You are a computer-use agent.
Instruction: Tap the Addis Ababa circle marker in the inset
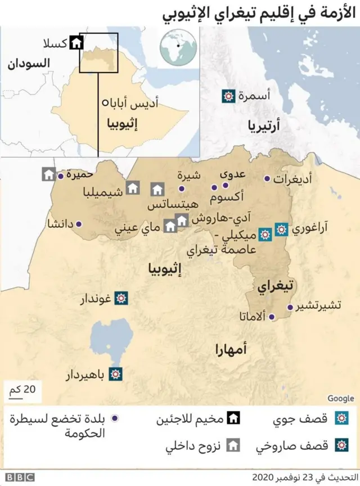coord(105,103)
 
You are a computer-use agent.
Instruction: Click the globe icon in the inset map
coord(178,48)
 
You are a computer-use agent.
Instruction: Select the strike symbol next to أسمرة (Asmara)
coord(228,96)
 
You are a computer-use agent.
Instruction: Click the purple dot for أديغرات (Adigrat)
coord(267,179)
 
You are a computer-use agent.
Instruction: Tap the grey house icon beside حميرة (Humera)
coord(47,174)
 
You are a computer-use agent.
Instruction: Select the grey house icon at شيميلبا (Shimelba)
coord(133,188)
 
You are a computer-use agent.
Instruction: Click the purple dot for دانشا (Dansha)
coord(78,224)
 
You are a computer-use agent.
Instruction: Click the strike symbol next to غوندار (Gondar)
coord(120,298)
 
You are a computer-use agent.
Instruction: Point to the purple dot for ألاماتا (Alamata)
coord(272,317)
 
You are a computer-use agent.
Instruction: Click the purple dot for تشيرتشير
coord(290,308)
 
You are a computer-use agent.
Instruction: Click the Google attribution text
coord(340,398)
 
